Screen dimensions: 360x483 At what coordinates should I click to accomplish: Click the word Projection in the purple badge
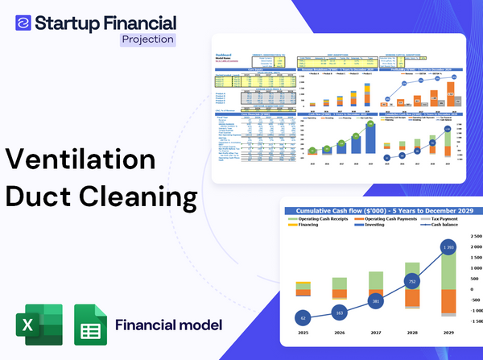(147, 38)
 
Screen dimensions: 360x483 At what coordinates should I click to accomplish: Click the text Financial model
(168, 325)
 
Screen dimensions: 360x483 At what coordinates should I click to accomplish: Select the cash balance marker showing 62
(302, 319)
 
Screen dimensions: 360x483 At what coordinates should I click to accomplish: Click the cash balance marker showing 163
(339, 312)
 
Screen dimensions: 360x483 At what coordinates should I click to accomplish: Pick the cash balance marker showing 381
(375, 301)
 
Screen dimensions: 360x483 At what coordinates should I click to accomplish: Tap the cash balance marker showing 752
(411, 282)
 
